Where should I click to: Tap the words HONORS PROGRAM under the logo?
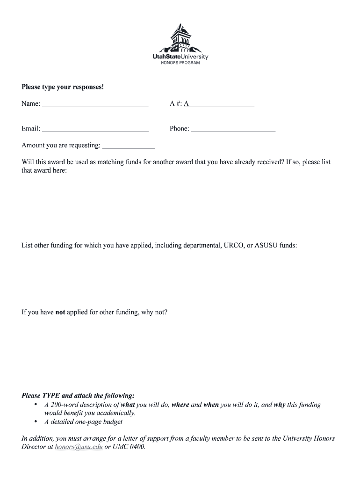(180, 63)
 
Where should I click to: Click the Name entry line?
(95, 105)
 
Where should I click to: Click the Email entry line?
(95, 130)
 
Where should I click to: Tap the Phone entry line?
(233, 130)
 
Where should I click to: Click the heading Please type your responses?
(63, 87)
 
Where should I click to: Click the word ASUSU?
(266, 245)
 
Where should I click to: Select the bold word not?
(60, 312)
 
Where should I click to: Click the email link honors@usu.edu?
(79, 447)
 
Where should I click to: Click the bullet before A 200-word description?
(36, 405)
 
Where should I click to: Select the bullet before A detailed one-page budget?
(36, 422)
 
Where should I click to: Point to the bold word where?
(180, 405)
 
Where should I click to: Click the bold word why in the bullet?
(280, 405)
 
